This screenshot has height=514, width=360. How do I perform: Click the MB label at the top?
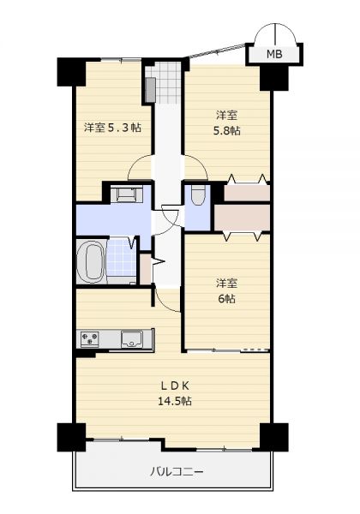click(x=274, y=54)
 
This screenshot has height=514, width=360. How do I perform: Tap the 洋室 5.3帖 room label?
click(x=113, y=127)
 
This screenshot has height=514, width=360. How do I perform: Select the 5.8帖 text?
click(x=227, y=130)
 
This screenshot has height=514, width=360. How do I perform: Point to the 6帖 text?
click(x=226, y=299)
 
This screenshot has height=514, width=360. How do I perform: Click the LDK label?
click(x=175, y=386)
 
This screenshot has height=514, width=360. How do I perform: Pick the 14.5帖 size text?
click(x=175, y=401)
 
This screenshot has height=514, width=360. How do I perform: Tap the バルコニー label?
click(x=177, y=472)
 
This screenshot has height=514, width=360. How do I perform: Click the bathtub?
click(x=90, y=262)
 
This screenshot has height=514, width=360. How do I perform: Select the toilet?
click(x=198, y=195)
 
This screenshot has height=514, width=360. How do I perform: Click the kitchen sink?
click(x=132, y=338)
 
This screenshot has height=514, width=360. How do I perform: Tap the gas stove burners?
click(x=89, y=338)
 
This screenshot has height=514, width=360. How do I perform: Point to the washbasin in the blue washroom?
click(x=126, y=194)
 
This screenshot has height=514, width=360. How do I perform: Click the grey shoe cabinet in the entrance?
click(x=151, y=90)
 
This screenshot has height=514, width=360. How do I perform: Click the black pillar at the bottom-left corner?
click(x=71, y=437)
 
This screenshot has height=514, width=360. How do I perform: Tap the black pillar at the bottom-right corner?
click(x=274, y=437)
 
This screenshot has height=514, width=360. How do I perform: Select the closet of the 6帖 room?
click(x=242, y=218)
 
